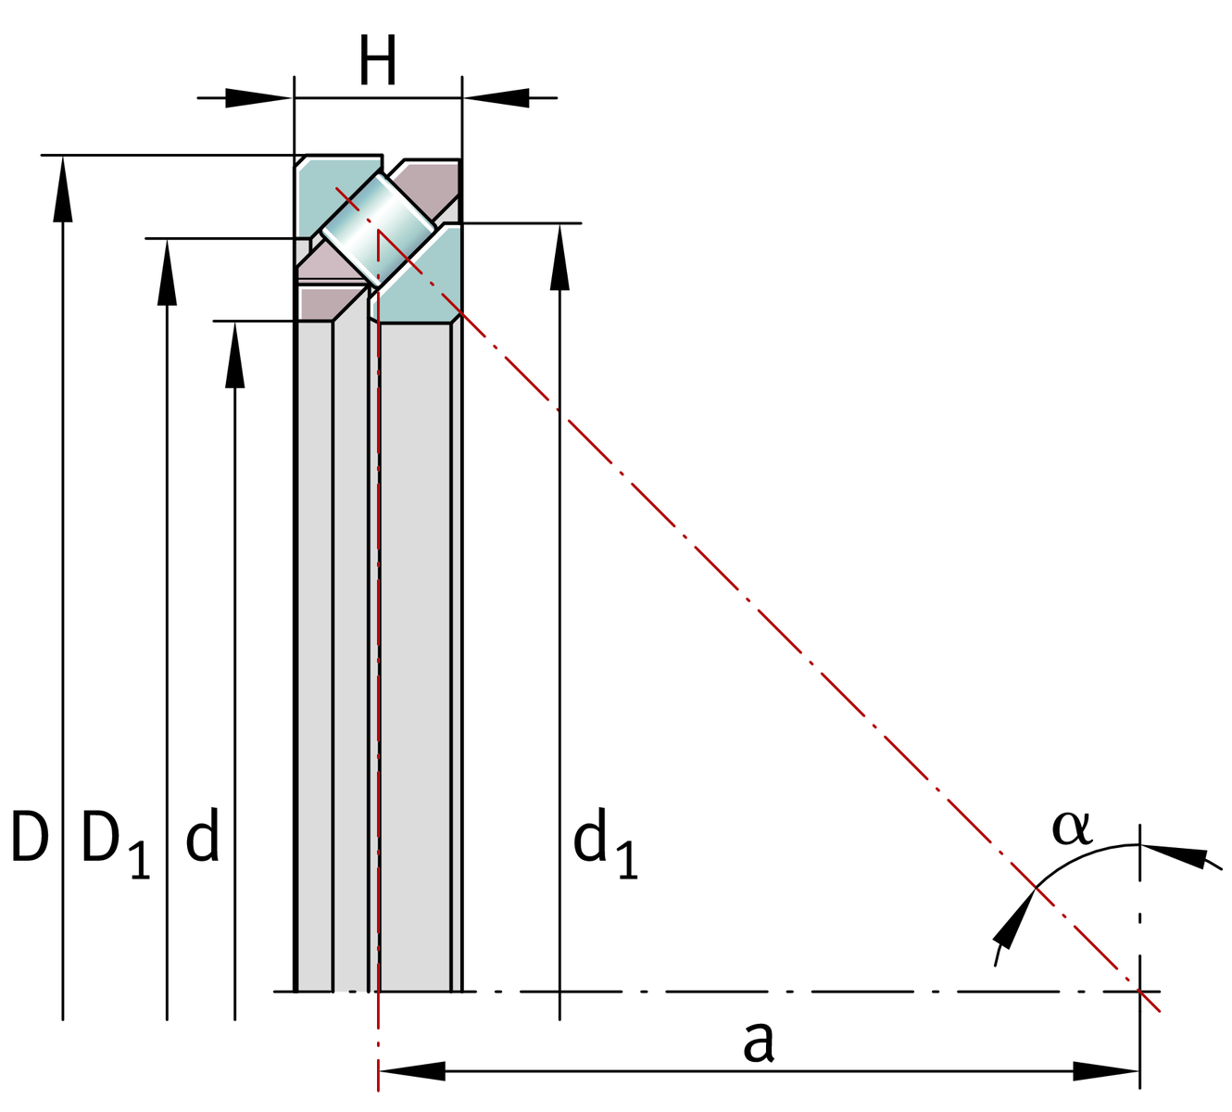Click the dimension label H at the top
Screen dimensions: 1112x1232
pos(378,63)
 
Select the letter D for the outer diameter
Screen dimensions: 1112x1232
pos(30,837)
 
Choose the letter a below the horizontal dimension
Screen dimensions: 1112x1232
pos(758,1042)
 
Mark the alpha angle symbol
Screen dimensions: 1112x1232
pos(1072,828)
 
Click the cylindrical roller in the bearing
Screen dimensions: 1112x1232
pos(378,228)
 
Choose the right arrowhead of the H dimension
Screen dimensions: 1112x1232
pos(497,97)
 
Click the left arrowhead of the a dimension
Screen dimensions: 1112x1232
pos(412,1071)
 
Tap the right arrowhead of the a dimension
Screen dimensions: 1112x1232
pos(1106,1071)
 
